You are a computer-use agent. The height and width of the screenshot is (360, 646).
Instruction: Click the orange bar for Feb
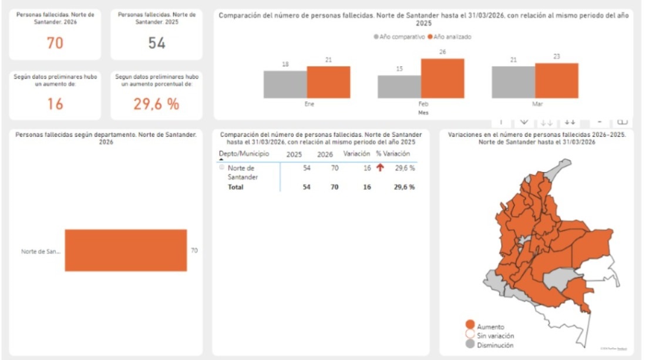443,79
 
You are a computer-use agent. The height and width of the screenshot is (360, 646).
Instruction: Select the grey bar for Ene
285,85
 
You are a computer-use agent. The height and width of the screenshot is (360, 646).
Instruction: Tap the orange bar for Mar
557,80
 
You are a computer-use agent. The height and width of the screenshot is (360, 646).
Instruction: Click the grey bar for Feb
399,86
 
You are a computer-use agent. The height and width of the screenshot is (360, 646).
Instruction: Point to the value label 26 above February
443,52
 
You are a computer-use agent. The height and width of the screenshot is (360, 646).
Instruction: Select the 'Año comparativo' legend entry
399,36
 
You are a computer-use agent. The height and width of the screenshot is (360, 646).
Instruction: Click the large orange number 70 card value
55,42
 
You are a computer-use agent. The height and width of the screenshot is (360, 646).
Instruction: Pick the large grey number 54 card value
157,42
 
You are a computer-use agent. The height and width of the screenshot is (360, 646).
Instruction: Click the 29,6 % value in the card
156,104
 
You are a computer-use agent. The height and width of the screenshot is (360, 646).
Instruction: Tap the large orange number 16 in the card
55,104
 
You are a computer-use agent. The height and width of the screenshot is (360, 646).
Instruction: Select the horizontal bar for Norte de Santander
126,250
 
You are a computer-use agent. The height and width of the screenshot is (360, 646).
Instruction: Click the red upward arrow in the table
380,168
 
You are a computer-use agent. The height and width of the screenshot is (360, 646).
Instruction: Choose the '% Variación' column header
393,154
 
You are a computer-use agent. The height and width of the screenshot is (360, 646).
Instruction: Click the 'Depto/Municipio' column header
244,154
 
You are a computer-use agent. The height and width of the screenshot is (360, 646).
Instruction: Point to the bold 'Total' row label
235,187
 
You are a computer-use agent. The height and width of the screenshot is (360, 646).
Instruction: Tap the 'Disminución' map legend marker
470,345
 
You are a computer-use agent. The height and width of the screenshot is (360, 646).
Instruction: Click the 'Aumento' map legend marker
470,325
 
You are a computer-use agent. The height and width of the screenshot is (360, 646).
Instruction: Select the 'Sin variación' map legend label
495,335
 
